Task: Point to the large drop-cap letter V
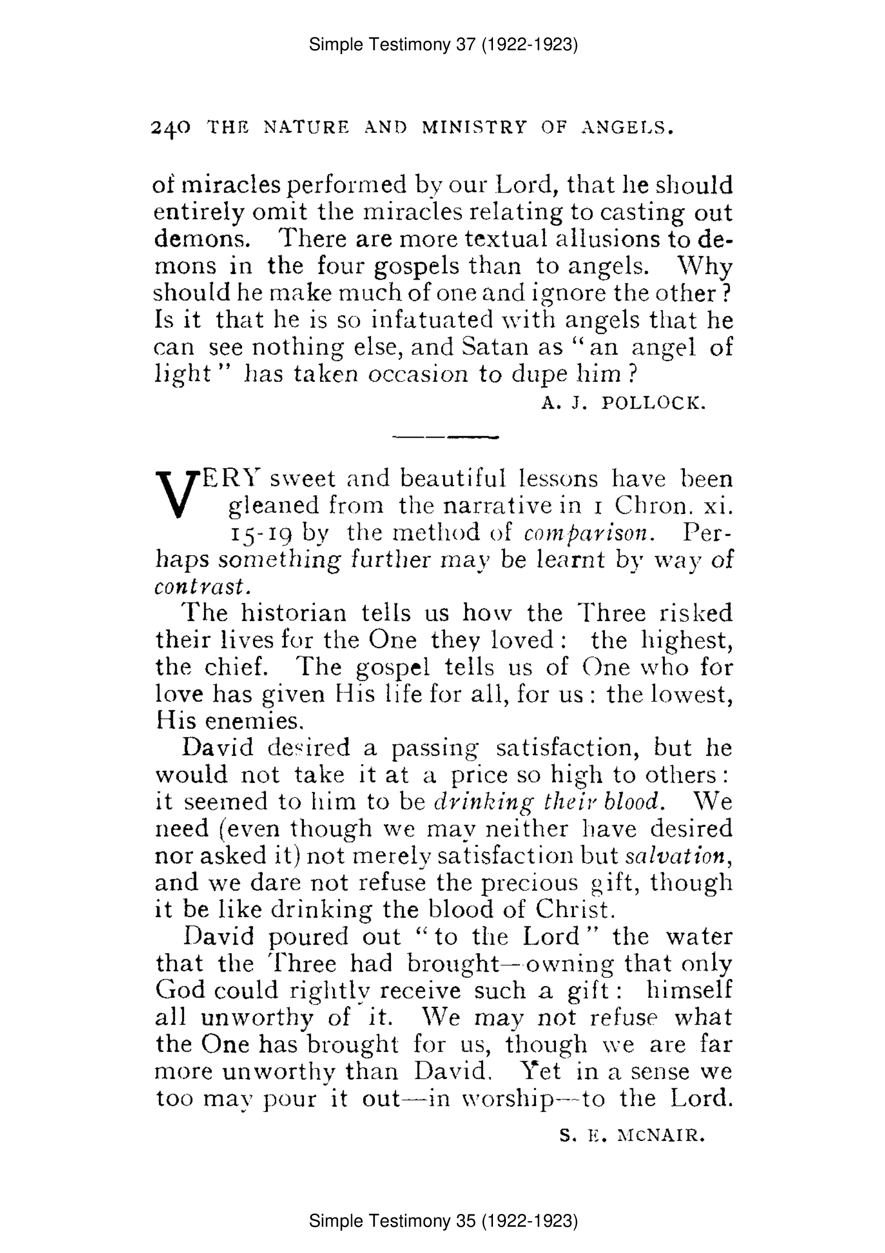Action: coord(177,493)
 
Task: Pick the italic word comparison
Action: coord(588,533)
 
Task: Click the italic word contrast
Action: coord(199,587)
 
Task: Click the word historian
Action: coord(293,613)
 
